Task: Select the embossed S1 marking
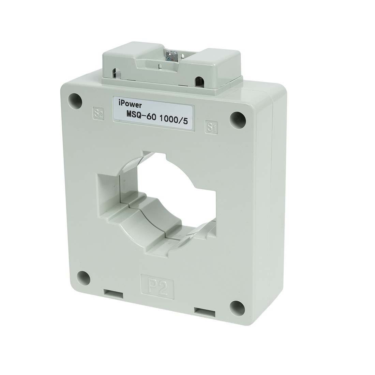click(x=210, y=127)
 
